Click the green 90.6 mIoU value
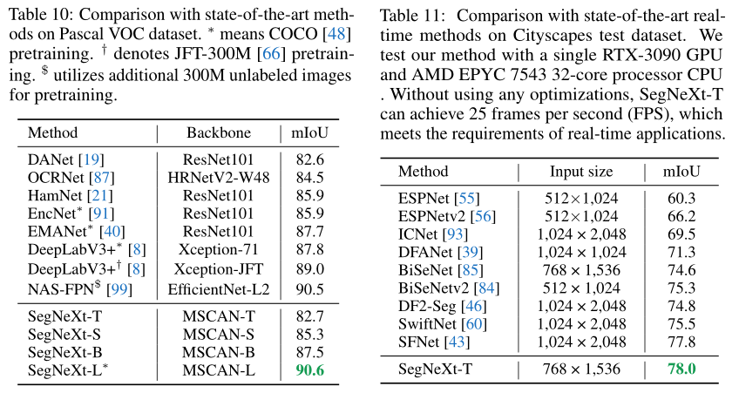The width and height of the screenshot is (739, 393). coord(308,370)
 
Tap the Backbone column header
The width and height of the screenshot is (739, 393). coord(219,133)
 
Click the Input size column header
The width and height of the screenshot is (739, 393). coord(580,172)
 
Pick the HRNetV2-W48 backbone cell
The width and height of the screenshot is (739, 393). coord(219,178)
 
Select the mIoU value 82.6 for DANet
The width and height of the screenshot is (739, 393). coord(309,160)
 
